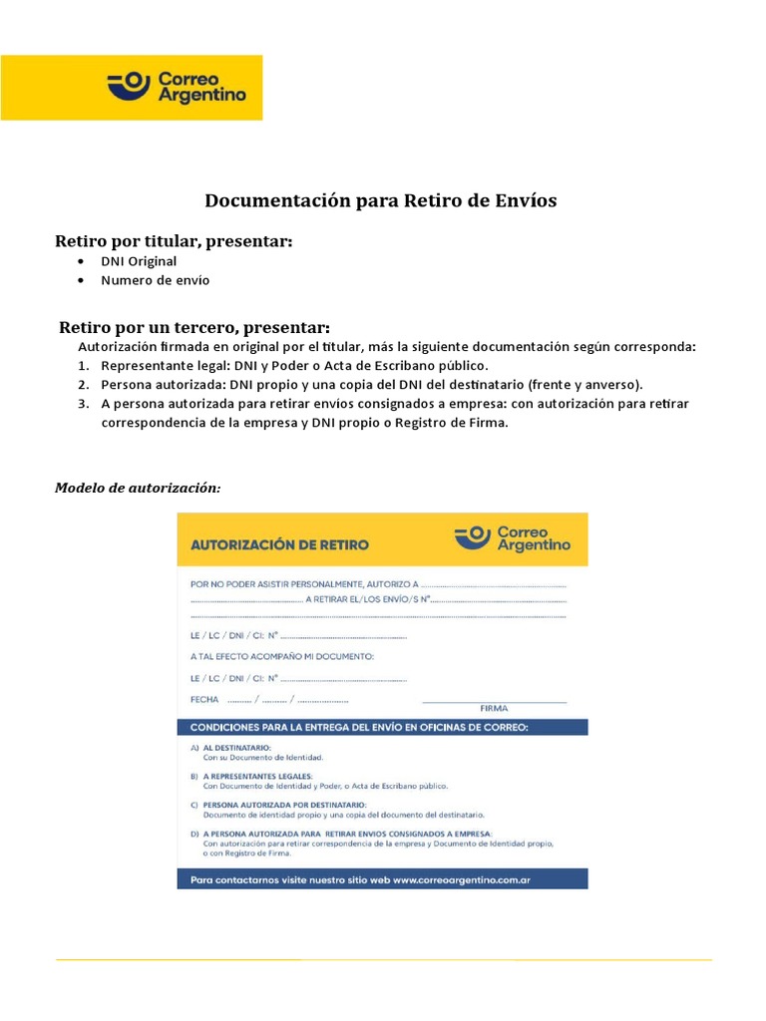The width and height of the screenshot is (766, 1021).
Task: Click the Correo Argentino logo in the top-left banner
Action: click(177, 87)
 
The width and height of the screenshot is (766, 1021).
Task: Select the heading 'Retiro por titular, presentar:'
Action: click(174, 241)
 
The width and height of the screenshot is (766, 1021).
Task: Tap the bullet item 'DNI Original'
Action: click(139, 261)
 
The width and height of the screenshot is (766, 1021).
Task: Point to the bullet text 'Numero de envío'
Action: click(156, 280)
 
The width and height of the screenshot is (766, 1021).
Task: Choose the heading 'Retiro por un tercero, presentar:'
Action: click(194, 327)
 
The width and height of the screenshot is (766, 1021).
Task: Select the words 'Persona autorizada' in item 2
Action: click(162, 384)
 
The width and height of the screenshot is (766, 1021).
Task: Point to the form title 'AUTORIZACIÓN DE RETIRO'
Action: click(279, 545)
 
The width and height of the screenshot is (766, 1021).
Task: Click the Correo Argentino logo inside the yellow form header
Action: click(513, 538)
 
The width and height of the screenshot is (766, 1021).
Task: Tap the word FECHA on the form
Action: click(204, 699)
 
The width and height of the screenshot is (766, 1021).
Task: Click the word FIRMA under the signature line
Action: click(494, 707)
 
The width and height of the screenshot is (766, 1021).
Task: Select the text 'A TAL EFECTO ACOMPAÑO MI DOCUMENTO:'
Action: click(282, 656)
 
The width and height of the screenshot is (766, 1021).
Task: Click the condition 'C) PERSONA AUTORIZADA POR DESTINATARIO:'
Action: click(284, 804)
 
